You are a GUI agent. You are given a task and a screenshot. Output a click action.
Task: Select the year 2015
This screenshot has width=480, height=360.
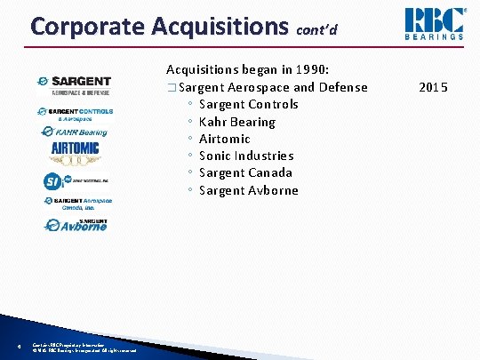coord(434,87)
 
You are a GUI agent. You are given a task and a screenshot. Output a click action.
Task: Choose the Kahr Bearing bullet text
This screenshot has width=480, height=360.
coord(237,121)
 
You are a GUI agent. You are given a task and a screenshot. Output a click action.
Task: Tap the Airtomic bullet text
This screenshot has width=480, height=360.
coord(225,139)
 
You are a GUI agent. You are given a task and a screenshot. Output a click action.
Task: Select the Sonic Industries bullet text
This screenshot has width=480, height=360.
coord(246,156)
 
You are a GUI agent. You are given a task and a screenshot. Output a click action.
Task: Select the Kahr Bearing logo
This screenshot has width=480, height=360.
coord(76,132)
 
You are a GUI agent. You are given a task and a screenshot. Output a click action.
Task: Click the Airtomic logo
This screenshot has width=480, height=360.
coord(76,149)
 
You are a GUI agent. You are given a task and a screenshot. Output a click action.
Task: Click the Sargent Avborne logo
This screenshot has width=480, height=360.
coord(76,224)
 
